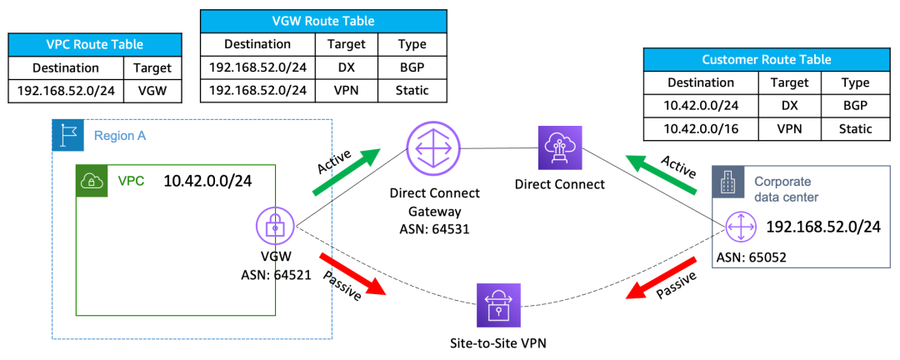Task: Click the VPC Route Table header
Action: click(95, 44)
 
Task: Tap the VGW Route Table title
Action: click(323, 21)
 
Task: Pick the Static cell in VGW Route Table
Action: click(412, 90)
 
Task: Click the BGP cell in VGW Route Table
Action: click(412, 67)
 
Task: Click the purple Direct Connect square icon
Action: click(559, 147)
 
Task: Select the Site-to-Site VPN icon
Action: click(497, 306)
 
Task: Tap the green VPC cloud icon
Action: click(90, 179)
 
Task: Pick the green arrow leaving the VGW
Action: click(345, 172)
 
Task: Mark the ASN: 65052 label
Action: click(751, 257)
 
